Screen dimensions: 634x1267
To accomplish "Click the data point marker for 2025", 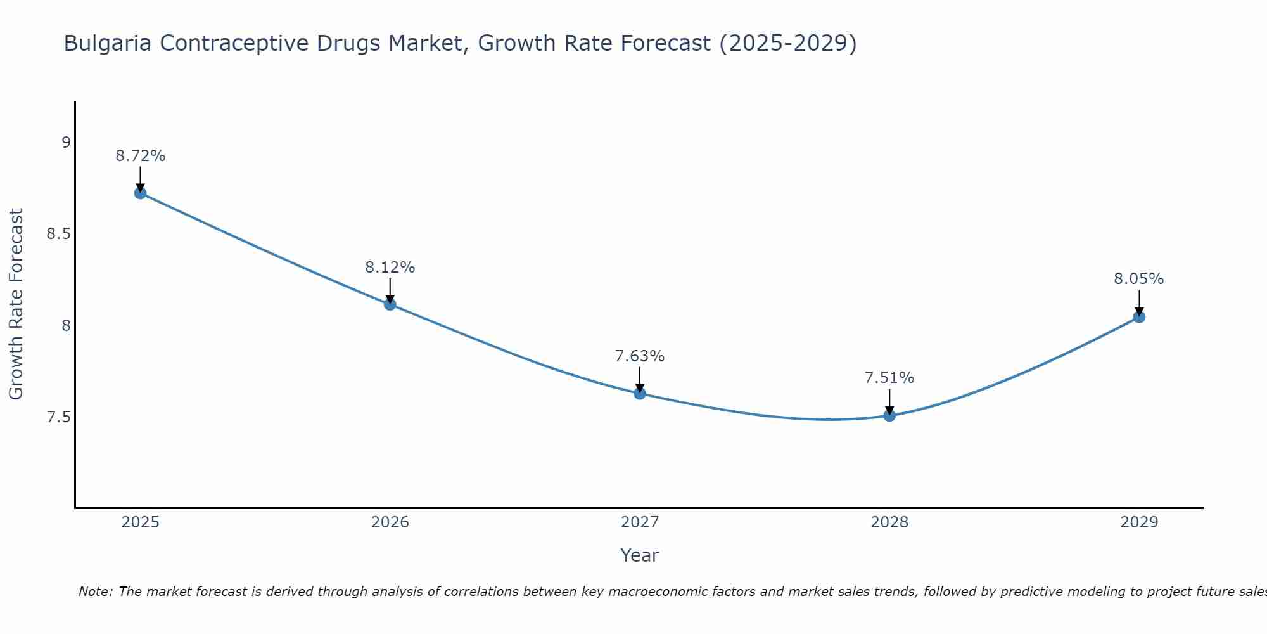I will [141, 193].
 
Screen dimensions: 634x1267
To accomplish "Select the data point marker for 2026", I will [390, 304].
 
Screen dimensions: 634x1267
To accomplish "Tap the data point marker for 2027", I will [640, 394].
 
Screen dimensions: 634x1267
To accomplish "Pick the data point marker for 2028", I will [889, 416].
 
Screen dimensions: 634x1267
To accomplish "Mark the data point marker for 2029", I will [1139, 317].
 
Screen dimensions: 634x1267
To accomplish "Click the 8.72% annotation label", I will [141, 156].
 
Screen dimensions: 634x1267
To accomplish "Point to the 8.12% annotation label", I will [390, 268].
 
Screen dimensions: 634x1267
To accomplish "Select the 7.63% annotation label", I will [640, 356].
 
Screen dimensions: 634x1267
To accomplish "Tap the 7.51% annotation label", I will [889, 378].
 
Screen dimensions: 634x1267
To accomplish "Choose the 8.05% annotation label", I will [1139, 279].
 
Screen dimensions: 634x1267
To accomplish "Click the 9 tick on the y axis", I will [66, 143].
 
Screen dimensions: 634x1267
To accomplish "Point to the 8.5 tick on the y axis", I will [58, 234].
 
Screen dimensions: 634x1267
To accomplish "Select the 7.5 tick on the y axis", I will [58, 417].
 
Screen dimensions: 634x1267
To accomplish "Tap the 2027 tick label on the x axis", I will [640, 522].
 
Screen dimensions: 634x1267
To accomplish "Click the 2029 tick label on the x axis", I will [1139, 522].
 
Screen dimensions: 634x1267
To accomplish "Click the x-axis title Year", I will [640, 555].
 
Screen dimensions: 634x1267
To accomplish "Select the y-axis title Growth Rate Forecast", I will [16, 304].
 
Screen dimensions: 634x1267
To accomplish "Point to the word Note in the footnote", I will [95, 592].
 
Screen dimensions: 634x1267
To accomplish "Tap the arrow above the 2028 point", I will [889, 401].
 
